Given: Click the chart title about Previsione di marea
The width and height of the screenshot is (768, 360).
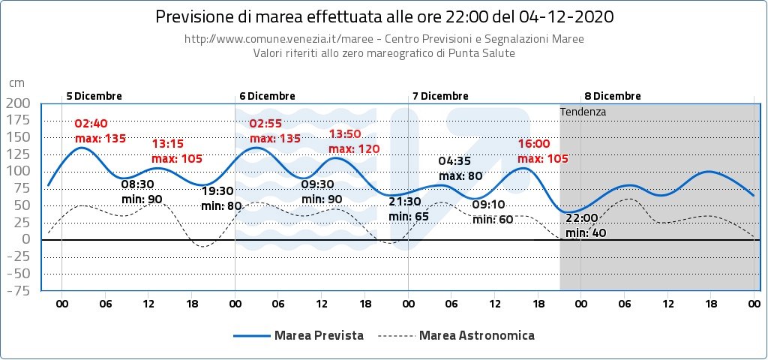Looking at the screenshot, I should [383, 16].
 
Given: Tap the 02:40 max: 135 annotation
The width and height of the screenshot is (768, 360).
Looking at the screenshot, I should [100, 130].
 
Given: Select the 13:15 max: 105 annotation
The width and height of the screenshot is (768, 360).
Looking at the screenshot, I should [177, 151].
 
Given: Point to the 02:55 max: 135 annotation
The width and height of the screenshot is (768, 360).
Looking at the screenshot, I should [274, 130].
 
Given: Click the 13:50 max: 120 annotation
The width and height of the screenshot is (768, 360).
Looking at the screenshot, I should [354, 141].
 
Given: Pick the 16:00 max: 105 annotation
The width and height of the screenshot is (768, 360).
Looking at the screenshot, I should [542, 151].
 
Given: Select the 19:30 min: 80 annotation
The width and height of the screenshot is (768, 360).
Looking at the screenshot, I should [222, 198].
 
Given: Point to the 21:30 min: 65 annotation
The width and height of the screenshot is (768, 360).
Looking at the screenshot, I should [409, 208].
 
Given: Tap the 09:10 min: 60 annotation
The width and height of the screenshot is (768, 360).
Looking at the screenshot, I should [493, 211].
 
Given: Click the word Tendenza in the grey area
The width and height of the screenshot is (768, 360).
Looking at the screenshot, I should [583, 111].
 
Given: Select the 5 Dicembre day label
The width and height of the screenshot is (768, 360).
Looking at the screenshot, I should [94, 96].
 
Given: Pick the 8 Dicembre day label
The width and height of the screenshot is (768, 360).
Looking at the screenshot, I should [613, 96].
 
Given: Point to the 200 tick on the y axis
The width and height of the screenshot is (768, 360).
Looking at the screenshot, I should [18, 103].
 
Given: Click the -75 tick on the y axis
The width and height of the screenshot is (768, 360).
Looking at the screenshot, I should [18, 290].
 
